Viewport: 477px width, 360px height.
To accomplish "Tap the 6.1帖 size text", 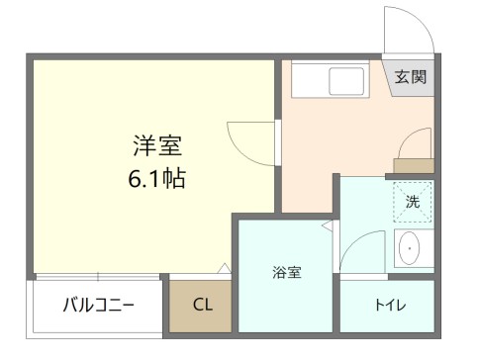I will [157, 180].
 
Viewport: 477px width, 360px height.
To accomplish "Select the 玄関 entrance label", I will [411, 77].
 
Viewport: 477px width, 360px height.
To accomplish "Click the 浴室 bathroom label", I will [287, 272].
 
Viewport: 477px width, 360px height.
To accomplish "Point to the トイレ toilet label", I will [387, 305].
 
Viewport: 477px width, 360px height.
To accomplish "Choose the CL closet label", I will [201, 304].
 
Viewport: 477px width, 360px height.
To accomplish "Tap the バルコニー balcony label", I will [98, 304].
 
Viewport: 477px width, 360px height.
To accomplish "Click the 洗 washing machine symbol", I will [413, 202].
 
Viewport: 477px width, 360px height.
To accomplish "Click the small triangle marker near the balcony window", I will [224, 267].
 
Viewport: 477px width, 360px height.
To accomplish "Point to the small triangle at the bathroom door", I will [326, 228].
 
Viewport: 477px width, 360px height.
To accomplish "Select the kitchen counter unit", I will [333, 79].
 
